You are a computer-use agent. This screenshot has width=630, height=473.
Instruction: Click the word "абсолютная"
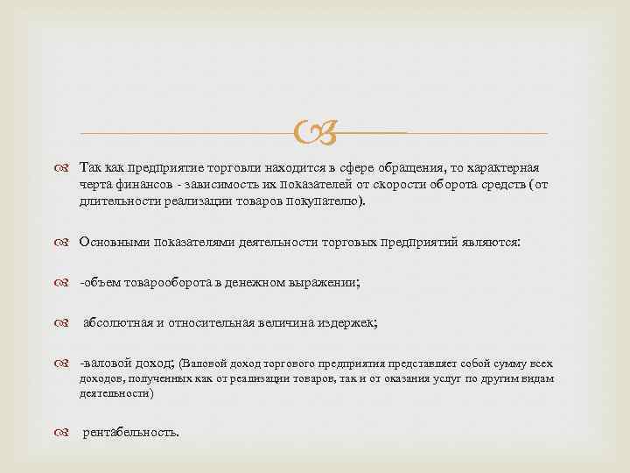click(x=116, y=322)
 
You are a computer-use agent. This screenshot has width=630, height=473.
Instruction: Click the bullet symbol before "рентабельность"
click(x=67, y=433)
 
